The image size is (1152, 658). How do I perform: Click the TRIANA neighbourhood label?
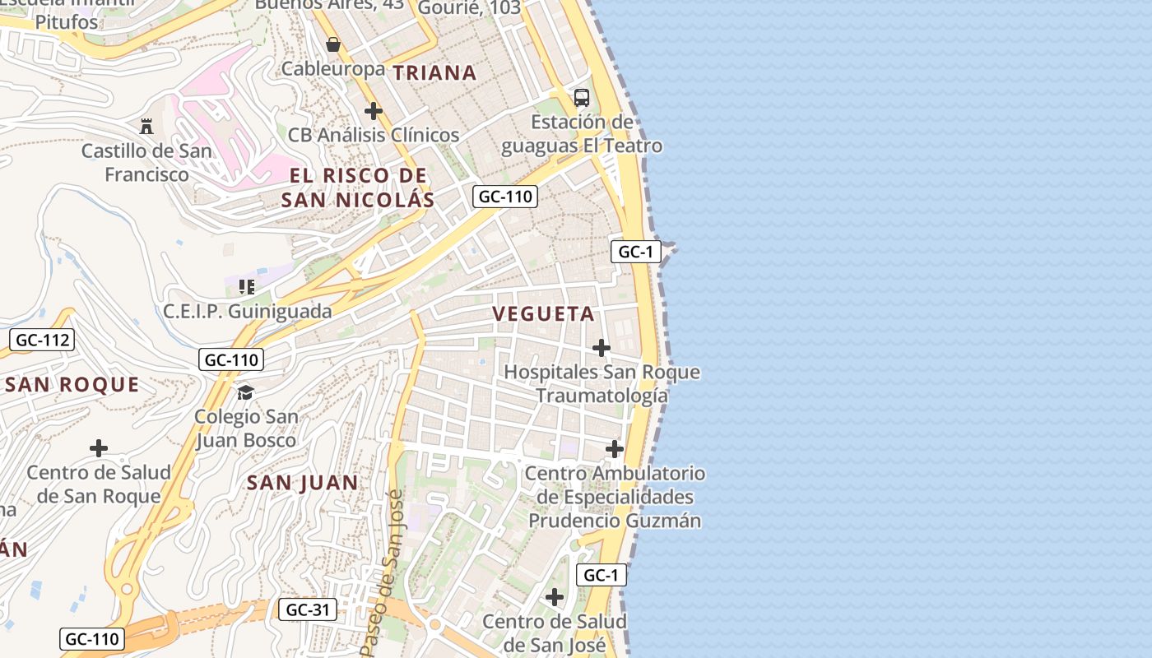coord(434,72)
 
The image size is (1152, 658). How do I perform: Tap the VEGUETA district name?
coord(543,313)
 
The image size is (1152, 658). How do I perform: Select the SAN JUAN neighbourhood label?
coord(303,483)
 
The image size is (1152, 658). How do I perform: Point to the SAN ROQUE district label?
coord(72,384)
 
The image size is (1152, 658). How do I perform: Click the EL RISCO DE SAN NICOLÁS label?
coord(358,188)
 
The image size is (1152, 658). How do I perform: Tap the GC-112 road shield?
coord(44,340)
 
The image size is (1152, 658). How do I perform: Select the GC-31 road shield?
coord(309,609)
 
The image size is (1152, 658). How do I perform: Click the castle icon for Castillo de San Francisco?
coord(146,126)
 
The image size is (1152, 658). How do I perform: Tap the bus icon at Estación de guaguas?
coord(582,98)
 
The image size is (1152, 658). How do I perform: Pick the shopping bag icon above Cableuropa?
coord(333,44)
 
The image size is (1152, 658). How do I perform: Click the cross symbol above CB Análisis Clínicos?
coord(374,110)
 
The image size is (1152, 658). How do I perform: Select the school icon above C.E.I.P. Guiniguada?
coord(247,286)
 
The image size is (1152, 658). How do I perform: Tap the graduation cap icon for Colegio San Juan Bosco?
coord(245,392)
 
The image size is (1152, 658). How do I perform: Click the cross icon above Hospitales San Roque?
coord(602,348)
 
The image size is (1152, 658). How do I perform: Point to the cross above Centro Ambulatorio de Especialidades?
coord(615,449)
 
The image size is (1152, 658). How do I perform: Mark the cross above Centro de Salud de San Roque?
coord(99,448)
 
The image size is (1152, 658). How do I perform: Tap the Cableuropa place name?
coord(333,68)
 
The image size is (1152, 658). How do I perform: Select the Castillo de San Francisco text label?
coord(146,163)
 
